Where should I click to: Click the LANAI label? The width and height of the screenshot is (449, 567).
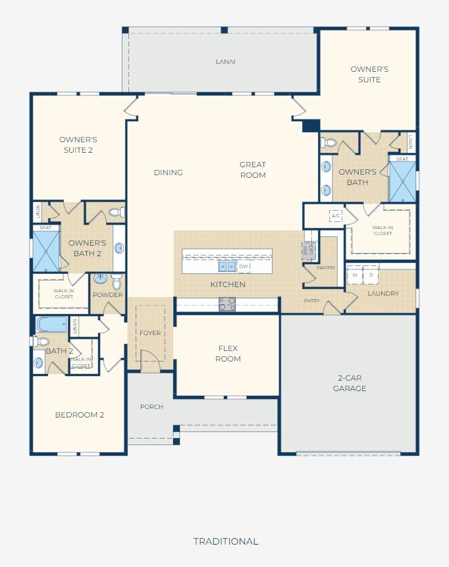pyautogui.click(x=226, y=62)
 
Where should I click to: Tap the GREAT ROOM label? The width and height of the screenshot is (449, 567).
pyautogui.click(x=253, y=170)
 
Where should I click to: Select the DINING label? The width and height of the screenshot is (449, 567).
pyautogui.click(x=168, y=173)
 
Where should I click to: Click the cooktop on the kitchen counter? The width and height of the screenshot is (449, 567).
pyautogui.click(x=227, y=304)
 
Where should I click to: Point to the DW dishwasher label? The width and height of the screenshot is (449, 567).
pyautogui.click(x=244, y=267)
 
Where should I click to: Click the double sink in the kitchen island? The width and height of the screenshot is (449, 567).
pyautogui.click(x=227, y=267)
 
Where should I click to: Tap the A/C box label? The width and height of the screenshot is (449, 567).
pyautogui.click(x=336, y=216)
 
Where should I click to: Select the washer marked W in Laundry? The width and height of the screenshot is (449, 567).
pyautogui.click(x=355, y=275)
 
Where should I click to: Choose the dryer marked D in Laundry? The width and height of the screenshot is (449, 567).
pyautogui.click(x=371, y=275)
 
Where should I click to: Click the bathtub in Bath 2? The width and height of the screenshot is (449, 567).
pyautogui.click(x=52, y=325)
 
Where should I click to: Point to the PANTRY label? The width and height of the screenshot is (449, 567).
pyautogui.click(x=326, y=267)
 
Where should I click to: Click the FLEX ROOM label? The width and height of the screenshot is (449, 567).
pyautogui.click(x=228, y=353)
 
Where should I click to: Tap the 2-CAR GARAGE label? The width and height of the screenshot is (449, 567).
pyautogui.click(x=350, y=383)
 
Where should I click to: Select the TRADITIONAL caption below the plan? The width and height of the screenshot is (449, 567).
pyautogui.click(x=226, y=541)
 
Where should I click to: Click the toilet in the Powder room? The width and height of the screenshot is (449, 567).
pyautogui.click(x=117, y=281)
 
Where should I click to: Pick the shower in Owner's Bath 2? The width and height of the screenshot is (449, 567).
pyautogui.click(x=46, y=252)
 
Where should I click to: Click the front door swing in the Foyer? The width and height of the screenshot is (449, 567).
pyautogui.click(x=150, y=361)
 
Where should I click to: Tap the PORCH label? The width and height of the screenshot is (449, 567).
pyautogui.click(x=151, y=407)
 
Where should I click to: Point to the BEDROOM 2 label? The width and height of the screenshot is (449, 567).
pyautogui.click(x=80, y=415)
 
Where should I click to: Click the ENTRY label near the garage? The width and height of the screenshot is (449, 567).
pyautogui.click(x=311, y=300)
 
